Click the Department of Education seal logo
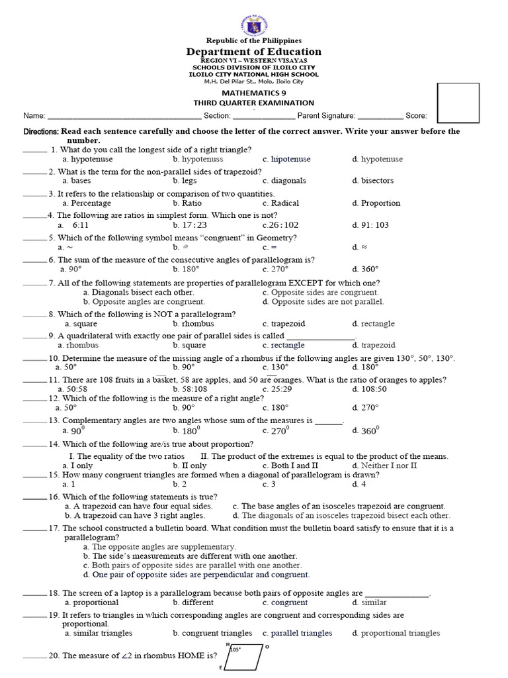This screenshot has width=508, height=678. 254,19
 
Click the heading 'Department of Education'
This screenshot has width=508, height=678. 254,52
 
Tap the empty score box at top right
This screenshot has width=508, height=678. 458,103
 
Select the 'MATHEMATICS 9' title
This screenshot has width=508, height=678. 254,93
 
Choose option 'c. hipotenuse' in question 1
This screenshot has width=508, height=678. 286,160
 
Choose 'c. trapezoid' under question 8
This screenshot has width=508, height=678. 284,324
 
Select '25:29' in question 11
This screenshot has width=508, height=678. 276,389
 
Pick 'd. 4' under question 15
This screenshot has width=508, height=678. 359,484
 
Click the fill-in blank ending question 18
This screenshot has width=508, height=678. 396,594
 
